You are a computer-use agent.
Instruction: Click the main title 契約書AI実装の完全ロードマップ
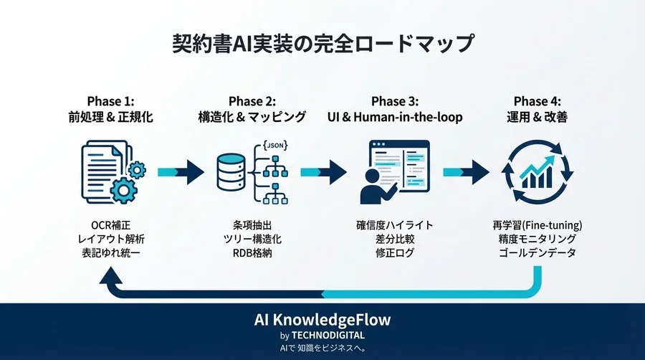pyautogui.click(x=322, y=44)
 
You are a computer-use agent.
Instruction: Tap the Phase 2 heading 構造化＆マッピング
pyautogui.click(x=252, y=117)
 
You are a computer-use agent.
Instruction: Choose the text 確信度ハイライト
pyautogui.click(x=394, y=225)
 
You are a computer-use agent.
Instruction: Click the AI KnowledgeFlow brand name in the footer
pyautogui.click(x=322, y=319)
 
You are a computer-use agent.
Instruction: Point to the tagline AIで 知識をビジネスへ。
pyautogui.click(x=322, y=349)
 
